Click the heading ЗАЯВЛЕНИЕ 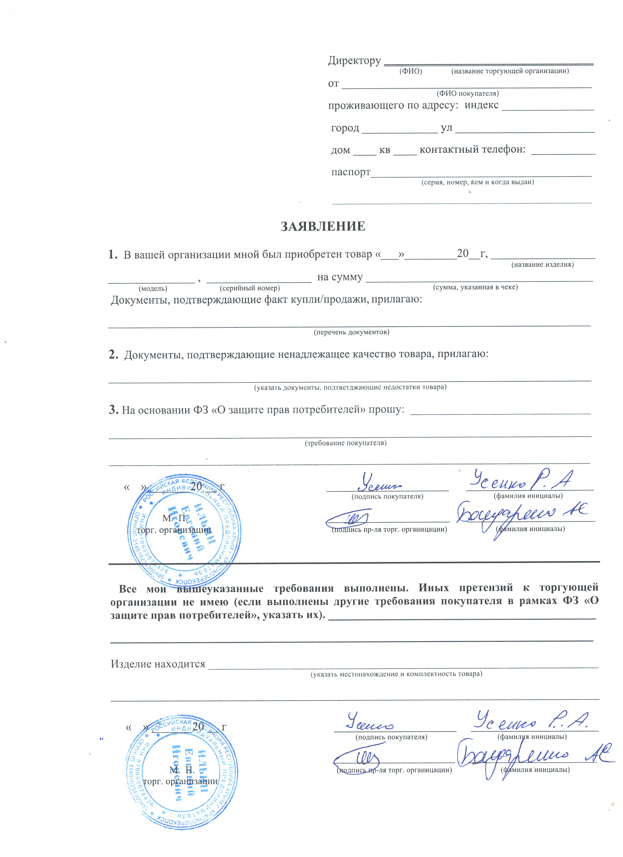tap(323, 226)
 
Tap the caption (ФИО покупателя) tap(467, 93)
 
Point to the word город tap(345, 128)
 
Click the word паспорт tap(351, 172)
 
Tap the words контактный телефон tap(472, 150)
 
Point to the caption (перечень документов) tap(351, 332)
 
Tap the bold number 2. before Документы tap(113, 354)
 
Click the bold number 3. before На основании tap(114, 410)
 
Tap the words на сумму tap(340, 277)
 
